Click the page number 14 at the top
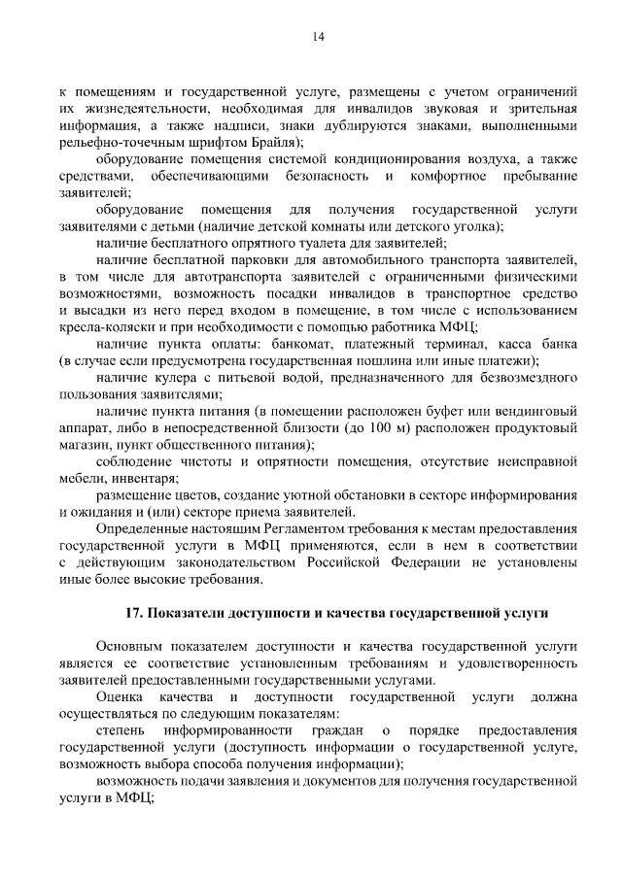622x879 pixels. pos(318,37)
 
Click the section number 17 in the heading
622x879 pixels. pos(135,614)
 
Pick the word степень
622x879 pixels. pos(121,729)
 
